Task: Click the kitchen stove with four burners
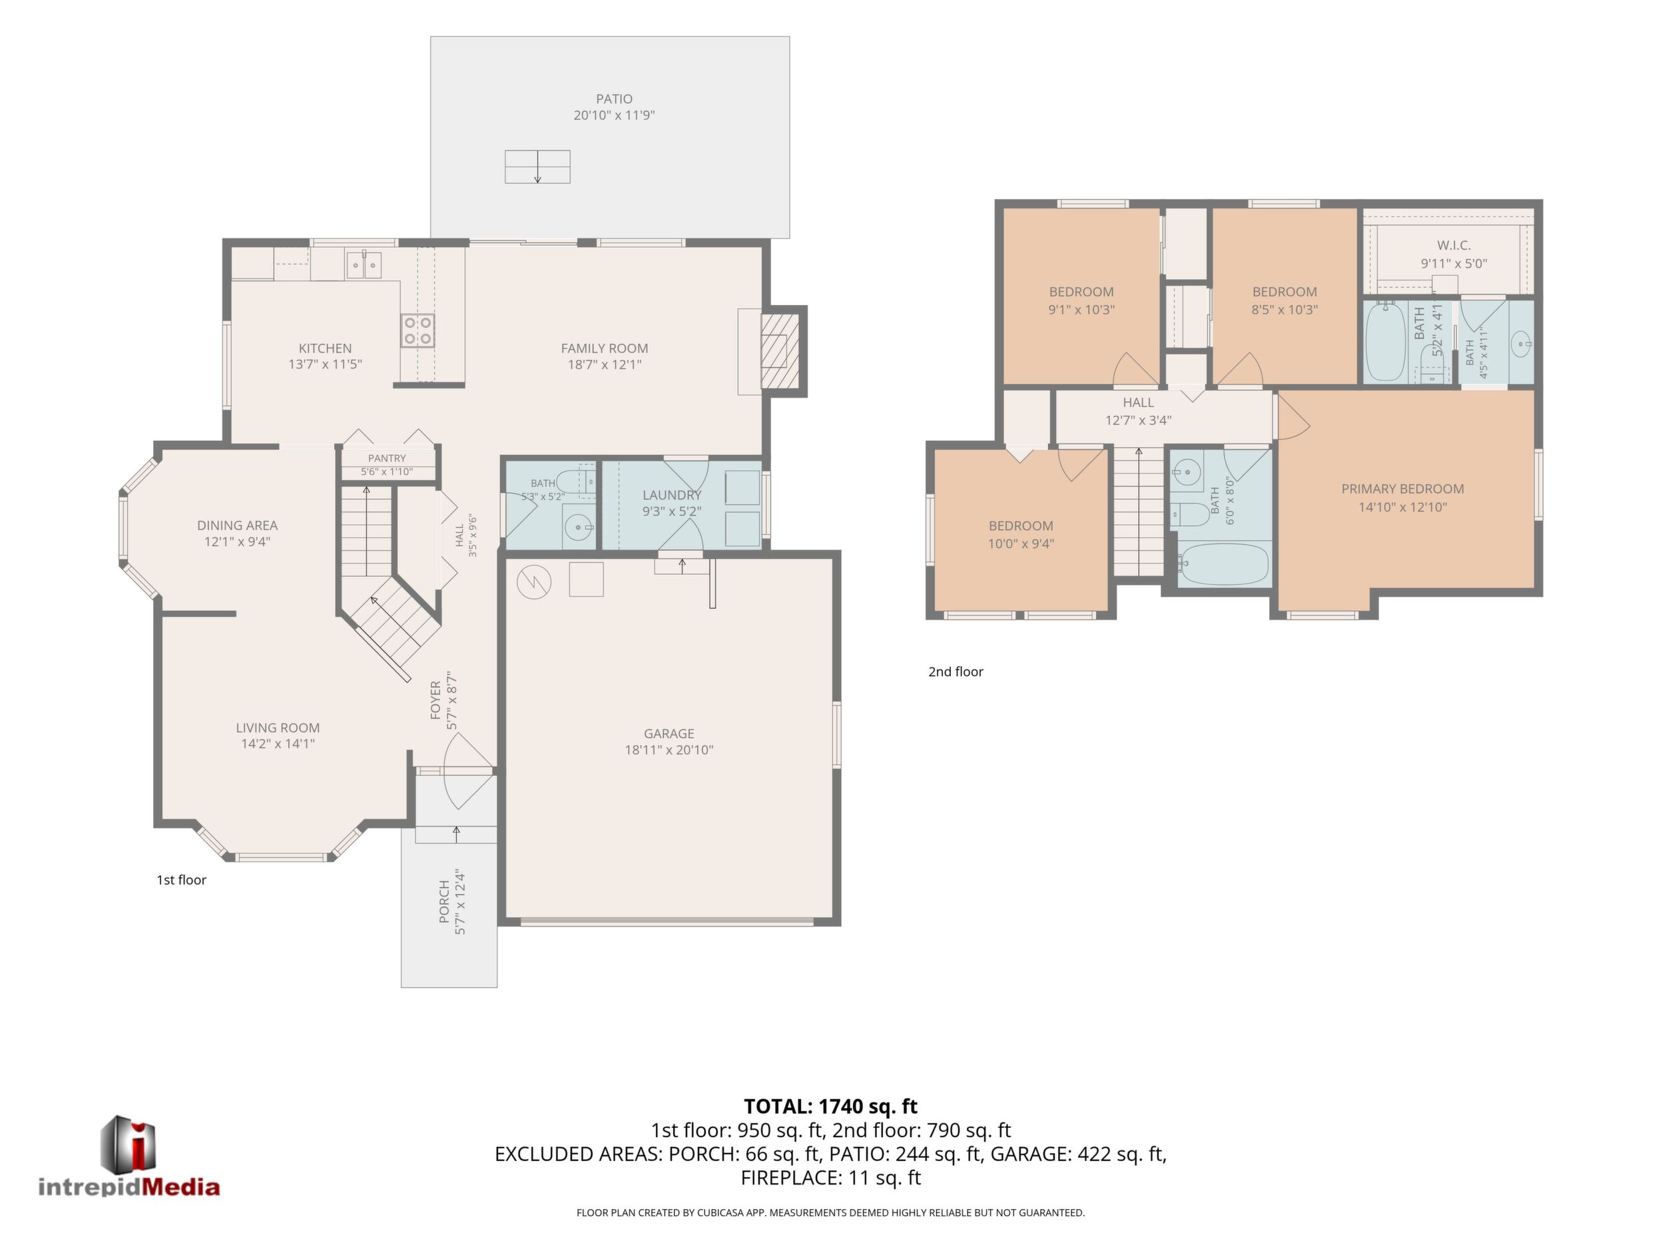[x=417, y=330]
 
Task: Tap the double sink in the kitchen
[x=364, y=265]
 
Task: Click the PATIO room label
[x=614, y=99]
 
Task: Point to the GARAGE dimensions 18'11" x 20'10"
[x=669, y=749]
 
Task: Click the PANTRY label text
[x=387, y=458]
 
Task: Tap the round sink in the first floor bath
[x=578, y=528]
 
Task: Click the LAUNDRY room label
[x=672, y=494]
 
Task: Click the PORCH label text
[x=444, y=901]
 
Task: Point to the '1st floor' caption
[x=181, y=879]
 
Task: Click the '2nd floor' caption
[x=956, y=671]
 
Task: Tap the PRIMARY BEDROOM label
[x=1403, y=488]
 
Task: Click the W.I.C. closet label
[x=1454, y=245]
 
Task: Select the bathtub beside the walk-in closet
[x=1386, y=342]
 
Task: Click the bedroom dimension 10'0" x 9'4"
[x=1021, y=544]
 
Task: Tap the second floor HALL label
[x=1139, y=402]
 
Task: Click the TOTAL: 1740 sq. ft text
[x=830, y=1106]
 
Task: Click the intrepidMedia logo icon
[x=129, y=1144]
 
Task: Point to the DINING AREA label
[x=238, y=525]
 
